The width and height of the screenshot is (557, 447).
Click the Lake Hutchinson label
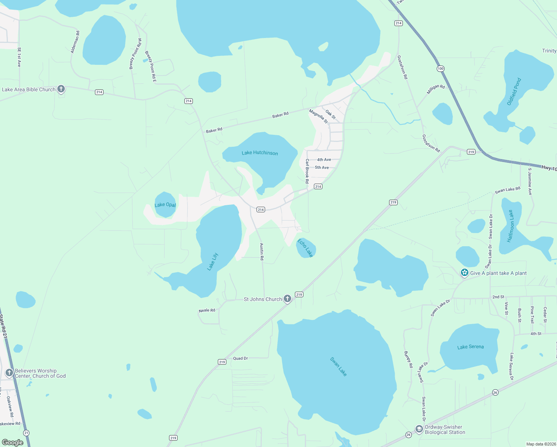point(260,153)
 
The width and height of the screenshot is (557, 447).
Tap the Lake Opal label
point(165,205)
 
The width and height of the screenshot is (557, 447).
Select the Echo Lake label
point(305,248)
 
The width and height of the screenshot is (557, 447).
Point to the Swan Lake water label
point(338,367)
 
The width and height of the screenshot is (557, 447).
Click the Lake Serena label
point(470,347)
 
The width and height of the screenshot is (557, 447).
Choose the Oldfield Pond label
point(514,92)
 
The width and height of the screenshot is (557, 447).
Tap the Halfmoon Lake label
point(511,226)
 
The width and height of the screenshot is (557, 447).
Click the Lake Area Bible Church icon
point(61,89)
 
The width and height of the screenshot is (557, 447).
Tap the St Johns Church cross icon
point(287,299)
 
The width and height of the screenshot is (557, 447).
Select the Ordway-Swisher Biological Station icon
point(419,429)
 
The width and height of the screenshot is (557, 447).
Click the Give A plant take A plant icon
point(464,273)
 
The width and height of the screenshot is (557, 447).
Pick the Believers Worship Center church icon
point(9,373)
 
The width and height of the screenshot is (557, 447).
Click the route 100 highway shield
point(440,69)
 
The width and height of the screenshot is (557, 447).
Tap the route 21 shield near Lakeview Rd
point(26,433)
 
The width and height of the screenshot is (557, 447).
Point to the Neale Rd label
point(207,310)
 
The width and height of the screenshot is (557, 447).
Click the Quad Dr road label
point(240,358)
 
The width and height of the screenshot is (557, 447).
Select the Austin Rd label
point(262,251)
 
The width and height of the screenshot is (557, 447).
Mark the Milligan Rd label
point(436,89)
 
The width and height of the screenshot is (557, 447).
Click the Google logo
point(13,442)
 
